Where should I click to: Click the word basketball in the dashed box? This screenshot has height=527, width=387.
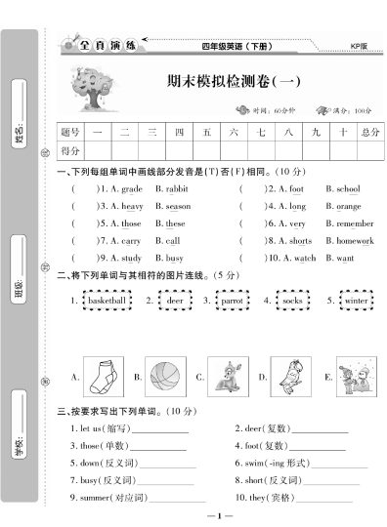click(107, 303)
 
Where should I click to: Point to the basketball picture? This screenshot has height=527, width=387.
click(166, 375)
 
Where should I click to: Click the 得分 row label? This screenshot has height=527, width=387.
click(70, 150)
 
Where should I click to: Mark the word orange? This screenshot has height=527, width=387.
click(349, 207)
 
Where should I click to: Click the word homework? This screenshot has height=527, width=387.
click(355, 241)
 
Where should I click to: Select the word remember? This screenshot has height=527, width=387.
click(355, 223)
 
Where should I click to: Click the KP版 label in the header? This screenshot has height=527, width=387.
click(360, 46)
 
